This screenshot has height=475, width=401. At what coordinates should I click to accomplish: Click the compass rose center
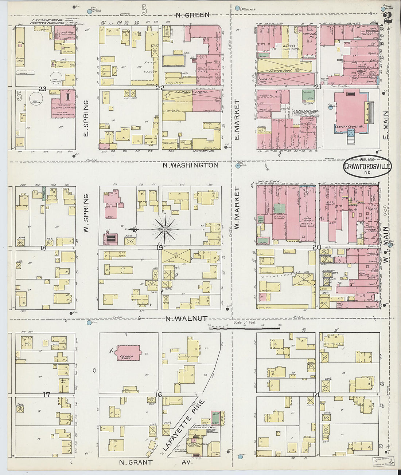(x=165, y=230)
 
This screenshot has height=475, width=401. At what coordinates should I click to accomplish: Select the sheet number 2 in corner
(x=388, y=17)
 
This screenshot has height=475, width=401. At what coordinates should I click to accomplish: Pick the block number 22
(x=160, y=88)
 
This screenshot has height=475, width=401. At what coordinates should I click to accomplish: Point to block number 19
(x=160, y=248)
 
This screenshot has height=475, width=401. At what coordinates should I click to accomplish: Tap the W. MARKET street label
(x=237, y=208)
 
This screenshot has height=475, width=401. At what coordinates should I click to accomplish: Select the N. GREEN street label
(x=192, y=15)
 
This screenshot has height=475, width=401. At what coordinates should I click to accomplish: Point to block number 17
(x=46, y=395)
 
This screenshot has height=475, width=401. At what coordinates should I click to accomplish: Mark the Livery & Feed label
(x=280, y=70)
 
